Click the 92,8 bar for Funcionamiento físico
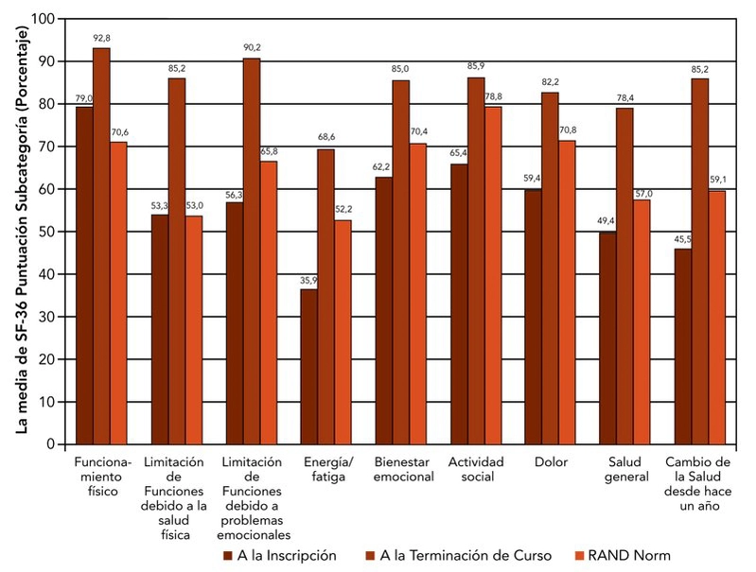pos(101,246)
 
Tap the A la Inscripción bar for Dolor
pos(533,317)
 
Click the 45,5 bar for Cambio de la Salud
pos(682,346)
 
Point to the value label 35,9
pos(308,281)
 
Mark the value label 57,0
pos(643,192)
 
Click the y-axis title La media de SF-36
pos(22,232)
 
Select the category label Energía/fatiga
pos(325,469)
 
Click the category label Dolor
pos(551,462)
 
